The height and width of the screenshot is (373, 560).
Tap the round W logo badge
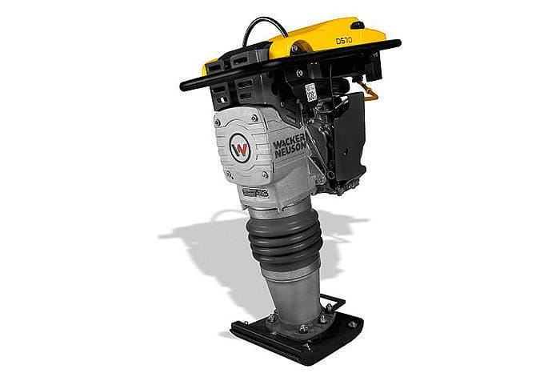[240, 148]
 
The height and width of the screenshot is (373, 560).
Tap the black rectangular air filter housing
[348, 136]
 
